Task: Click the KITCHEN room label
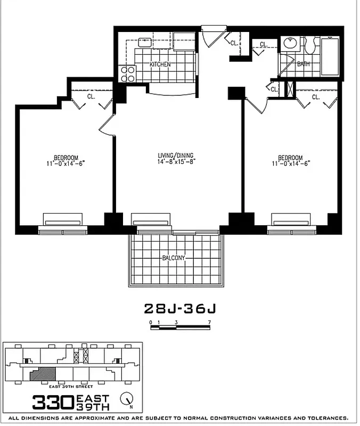160,64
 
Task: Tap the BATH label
303,64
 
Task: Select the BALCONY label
174,258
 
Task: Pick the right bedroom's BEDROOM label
290,158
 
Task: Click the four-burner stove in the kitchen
128,73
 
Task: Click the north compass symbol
126,399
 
